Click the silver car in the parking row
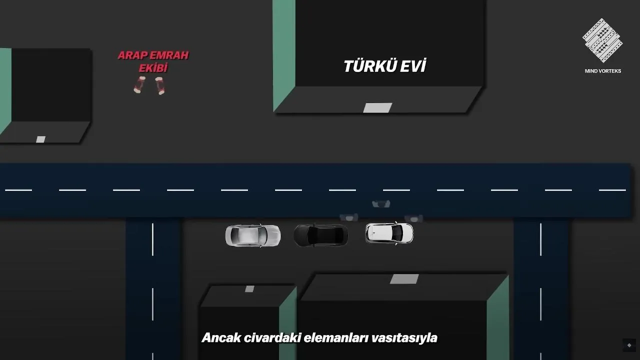click(253, 235)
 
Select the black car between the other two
click(321, 235)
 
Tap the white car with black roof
click(389, 233)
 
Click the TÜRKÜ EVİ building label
click(384, 66)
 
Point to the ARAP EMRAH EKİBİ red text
click(153, 61)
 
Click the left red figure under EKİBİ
click(139, 85)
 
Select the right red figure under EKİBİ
click(160, 85)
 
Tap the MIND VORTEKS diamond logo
click(602, 40)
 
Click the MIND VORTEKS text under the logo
click(603, 71)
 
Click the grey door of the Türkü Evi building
click(377, 107)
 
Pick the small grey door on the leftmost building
click(40, 139)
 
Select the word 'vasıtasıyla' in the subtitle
click(404, 338)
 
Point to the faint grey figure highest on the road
click(381, 203)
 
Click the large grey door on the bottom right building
click(404, 279)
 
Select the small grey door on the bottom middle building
click(249, 288)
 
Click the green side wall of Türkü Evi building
click(284, 54)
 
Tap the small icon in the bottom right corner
click(629, 345)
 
